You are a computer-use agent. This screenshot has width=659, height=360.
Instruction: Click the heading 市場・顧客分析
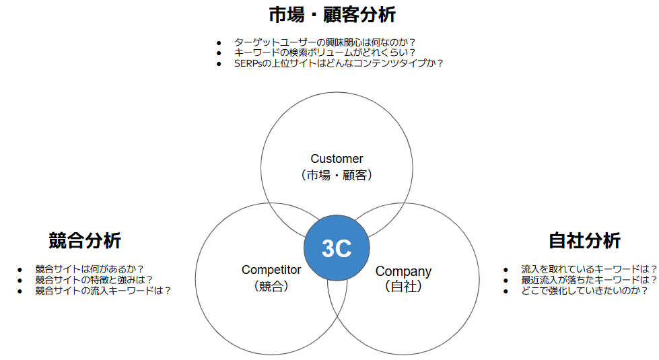coord(332,15)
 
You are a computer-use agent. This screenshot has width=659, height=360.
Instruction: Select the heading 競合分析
coord(85,240)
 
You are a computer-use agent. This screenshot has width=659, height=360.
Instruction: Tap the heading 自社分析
coord(584,240)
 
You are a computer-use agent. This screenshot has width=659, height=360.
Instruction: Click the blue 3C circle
coord(337,248)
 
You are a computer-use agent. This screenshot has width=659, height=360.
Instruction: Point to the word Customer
coord(337,159)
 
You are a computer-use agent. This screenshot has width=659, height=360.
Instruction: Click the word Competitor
coord(271,270)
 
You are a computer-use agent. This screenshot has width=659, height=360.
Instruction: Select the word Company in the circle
coord(403,271)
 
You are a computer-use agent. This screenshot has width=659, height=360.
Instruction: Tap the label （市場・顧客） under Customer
coord(337,175)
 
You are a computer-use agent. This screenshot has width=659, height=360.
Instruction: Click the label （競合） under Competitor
coord(271,286)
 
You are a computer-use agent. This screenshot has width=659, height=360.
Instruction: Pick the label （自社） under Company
coord(403,287)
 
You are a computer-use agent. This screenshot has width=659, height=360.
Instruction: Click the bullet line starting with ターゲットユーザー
coord(324,42)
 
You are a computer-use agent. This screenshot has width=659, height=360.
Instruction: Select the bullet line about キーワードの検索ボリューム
coord(324,52)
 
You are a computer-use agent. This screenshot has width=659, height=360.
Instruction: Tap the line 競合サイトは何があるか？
coord(90,268)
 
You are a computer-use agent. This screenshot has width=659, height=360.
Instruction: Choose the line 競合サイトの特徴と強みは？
coord(94,279)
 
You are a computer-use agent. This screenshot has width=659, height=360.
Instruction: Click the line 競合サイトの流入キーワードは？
coord(103,291)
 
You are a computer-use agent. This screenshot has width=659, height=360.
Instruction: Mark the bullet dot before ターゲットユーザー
coord(219,42)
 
